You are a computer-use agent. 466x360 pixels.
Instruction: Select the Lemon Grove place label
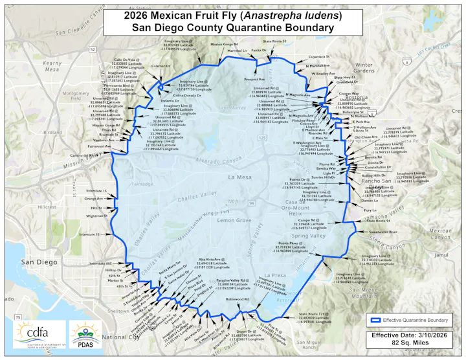[216, 221]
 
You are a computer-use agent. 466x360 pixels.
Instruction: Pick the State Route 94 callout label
[381, 221]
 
